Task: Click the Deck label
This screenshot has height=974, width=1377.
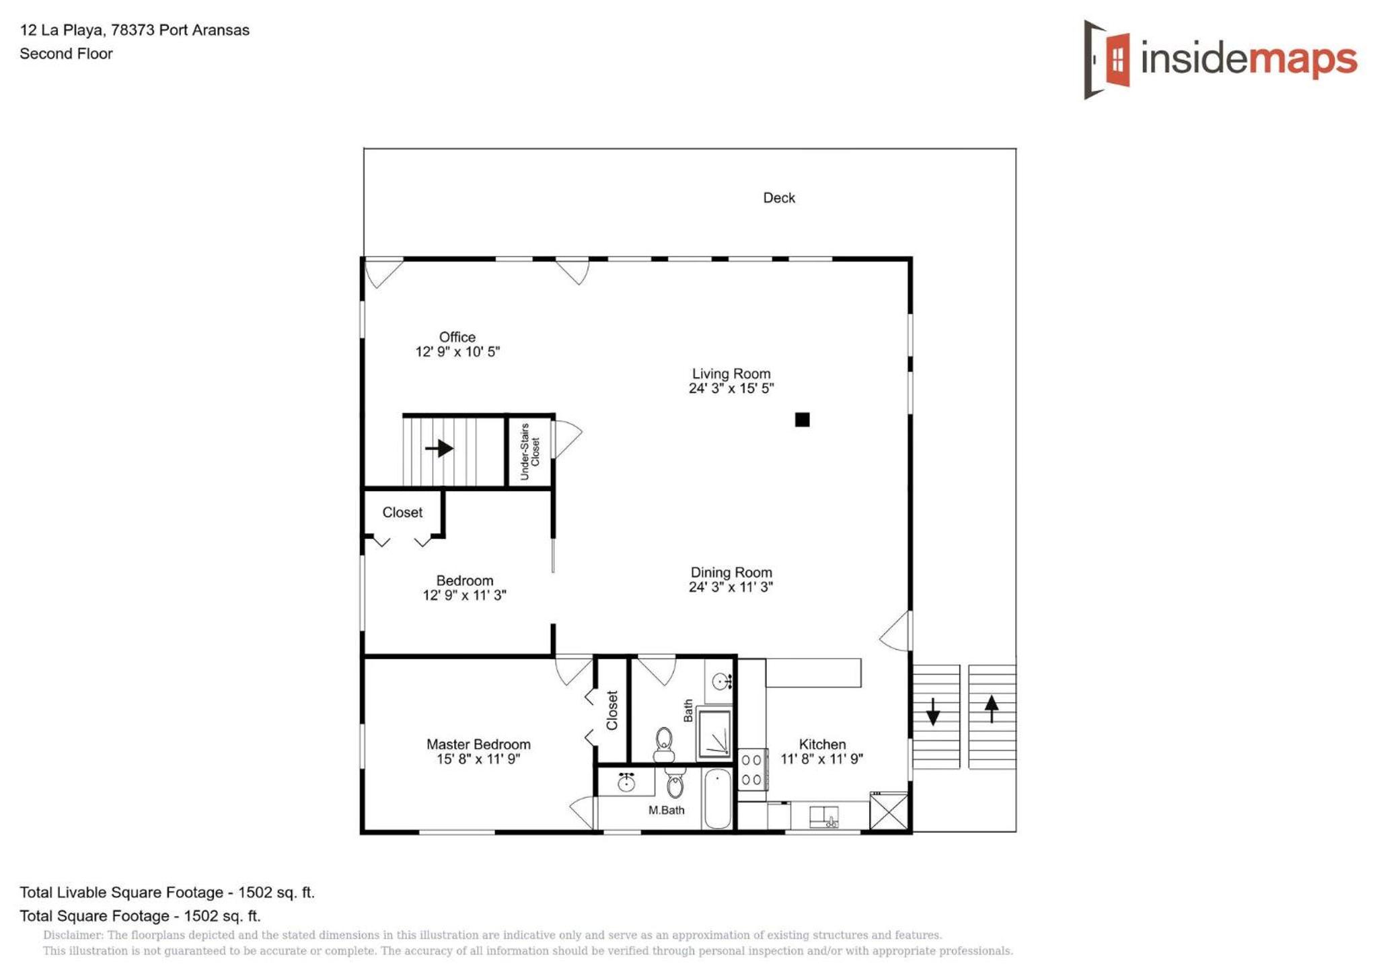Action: coord(778,198)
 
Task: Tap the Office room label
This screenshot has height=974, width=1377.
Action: coord(457,337)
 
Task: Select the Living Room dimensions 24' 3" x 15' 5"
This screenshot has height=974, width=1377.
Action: coord(731,388)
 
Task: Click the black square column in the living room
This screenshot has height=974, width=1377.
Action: coord(802,420)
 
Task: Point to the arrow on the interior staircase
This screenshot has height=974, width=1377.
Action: coord(439,448)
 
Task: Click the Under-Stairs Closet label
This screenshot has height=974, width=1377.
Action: coord(530,451)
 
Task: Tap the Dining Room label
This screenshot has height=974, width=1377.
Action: coord(731,572)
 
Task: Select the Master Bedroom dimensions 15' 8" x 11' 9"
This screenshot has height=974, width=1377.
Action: coord(478,759)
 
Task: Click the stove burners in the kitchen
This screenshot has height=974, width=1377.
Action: coord(751,770)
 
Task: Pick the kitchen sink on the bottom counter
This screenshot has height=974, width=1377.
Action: coord(823,817)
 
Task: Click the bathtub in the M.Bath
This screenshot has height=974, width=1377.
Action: coord(718,798)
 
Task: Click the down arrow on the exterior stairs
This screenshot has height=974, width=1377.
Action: coord(933,712)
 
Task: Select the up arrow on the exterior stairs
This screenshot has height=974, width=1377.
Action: coord(992,709)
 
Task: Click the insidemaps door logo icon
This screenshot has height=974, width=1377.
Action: coord(1107,59)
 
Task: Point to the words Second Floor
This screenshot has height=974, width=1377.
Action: coord(66,54)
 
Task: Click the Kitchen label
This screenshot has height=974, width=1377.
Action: coord(822,744)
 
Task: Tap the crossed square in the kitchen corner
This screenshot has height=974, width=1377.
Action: coord(889,811)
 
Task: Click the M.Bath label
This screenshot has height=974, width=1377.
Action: coord(666,810)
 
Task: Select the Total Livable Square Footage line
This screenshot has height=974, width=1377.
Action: coord(167,893)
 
